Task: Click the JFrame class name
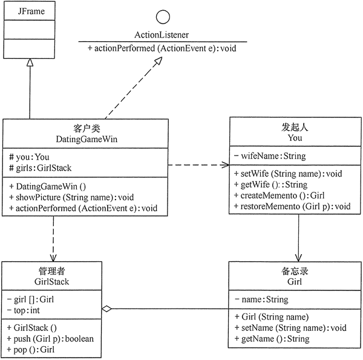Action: click(29, 11)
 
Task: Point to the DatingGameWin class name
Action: click(85, 139)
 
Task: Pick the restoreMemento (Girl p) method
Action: click(292, 206)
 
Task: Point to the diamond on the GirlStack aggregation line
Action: click(106, 309)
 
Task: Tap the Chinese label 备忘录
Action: click(295, 272)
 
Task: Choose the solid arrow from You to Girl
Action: click(298, 239)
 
